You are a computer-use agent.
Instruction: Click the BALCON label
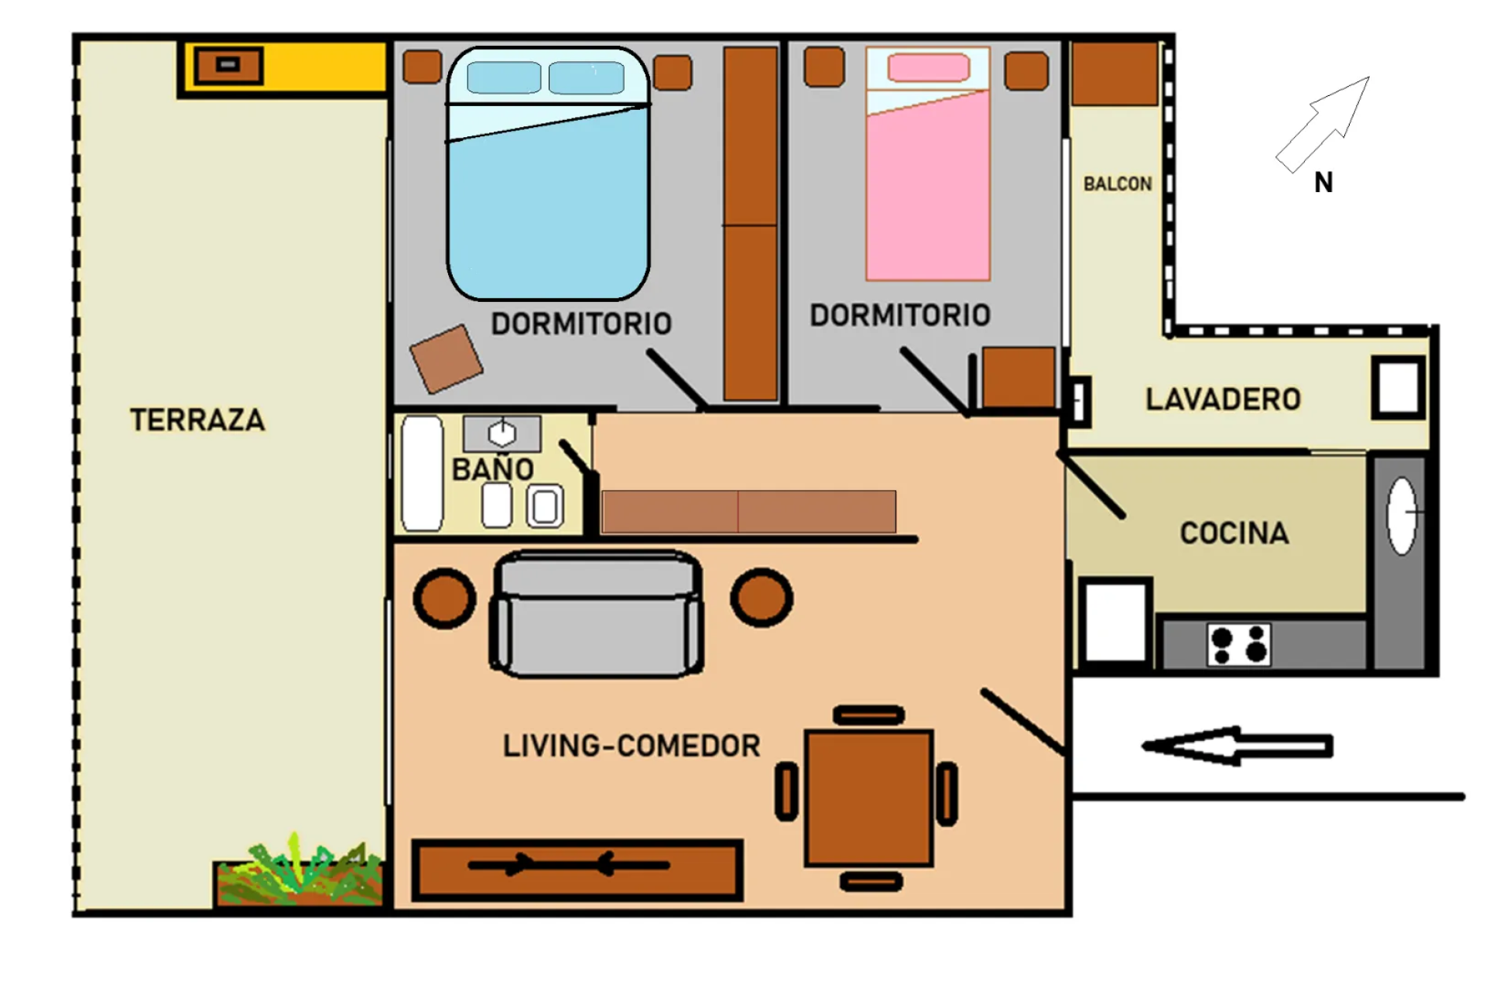click(x=1117, y=184)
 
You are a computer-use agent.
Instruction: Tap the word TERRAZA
click(x=197, y=420)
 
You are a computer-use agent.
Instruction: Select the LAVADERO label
click(x=1223, y=400)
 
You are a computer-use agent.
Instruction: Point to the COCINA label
click(x=1234, y=533)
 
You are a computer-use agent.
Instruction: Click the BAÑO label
click(x=493, y=468)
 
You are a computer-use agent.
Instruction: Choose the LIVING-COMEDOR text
click(x=632, y=746)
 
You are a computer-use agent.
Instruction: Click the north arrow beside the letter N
click(x=1323, y=124)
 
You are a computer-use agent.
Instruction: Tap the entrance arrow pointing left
click(x=1237, y=746)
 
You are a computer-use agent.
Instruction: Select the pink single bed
click(x=928, y=163)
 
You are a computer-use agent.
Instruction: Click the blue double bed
click(x=548, y=173)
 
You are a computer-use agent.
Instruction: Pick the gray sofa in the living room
click(x=596, y=613)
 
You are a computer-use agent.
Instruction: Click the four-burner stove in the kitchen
click(x=1238, y=644)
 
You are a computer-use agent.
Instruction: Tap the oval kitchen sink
click(x=1402, y=515)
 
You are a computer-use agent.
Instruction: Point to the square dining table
click(x=869, y=798)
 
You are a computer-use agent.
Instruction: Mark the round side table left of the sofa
click(x=444, y=598)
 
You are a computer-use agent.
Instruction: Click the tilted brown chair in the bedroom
click(x=446, y=358)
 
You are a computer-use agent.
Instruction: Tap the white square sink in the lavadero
click(x=1399, y=387)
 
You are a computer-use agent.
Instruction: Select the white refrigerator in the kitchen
click(x=1115, y=622)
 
